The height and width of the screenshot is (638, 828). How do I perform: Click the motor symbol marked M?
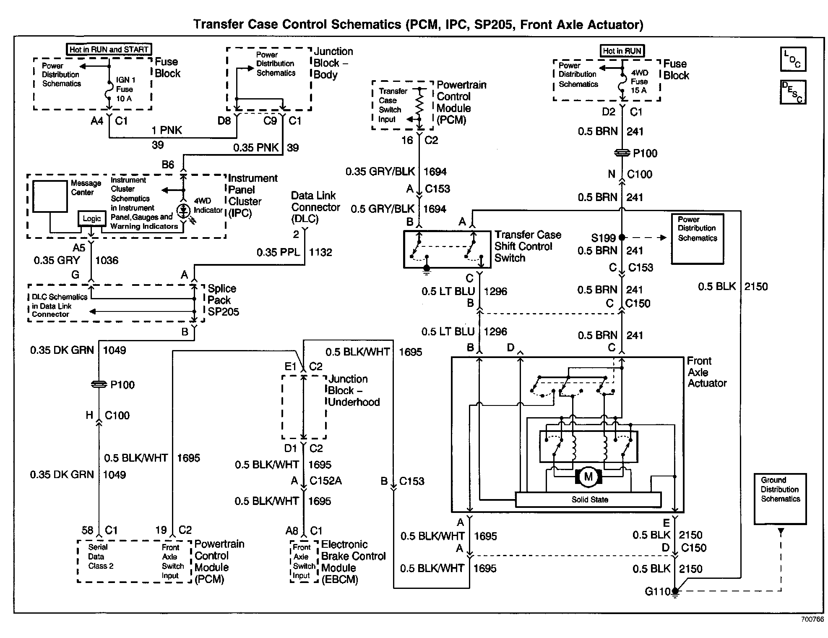coord(588,476)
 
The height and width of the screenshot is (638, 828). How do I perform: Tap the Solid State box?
coord(588,499)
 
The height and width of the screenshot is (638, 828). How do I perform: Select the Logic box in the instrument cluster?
coord(92,219)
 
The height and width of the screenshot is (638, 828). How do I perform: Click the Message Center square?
coord(50,196)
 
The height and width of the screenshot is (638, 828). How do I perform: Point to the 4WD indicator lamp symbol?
coord(183,211)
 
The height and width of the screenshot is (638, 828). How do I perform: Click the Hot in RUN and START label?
coord(109,50)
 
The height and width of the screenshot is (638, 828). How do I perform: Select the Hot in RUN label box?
coord(622,51)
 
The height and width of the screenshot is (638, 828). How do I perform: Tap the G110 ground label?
coord(658,591)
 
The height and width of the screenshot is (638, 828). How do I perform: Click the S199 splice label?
coord(603,238)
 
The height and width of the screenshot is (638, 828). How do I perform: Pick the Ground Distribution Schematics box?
coord(780,499)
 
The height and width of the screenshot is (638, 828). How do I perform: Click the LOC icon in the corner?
coord(793,59)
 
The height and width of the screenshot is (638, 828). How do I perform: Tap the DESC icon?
coord(793,92)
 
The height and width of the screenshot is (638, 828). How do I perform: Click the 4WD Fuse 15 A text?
coord(639,81)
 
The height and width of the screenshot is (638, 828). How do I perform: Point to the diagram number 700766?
coord(812,619)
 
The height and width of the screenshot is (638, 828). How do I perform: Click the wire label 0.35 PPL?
coord(279,252)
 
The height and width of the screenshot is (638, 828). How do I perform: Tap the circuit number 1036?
coord(107,260)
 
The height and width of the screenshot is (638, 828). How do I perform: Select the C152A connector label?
coord(325,481)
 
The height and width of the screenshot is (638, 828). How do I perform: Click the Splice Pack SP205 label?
coord(223,300)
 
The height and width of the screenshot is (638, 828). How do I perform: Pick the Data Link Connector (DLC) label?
coord(315,207)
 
